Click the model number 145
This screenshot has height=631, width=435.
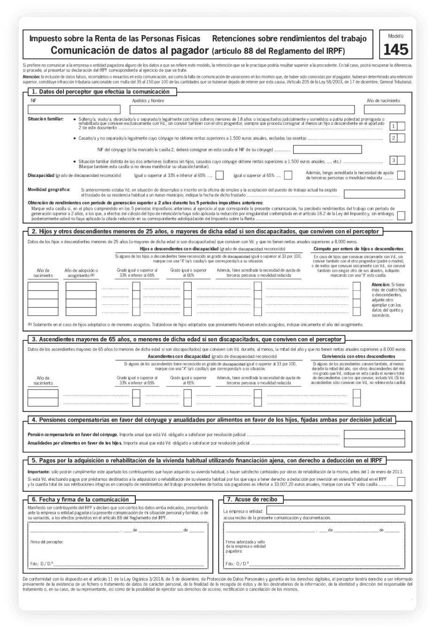tap(396, 50)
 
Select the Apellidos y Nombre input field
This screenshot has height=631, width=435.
tap(242, 110)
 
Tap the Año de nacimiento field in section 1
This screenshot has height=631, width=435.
tap(384, 110)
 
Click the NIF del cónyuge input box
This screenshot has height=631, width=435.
tap(327, 150)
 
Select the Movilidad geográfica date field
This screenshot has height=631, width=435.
tap(374, 194)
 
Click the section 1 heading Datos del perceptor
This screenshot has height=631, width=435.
tap(101, 92)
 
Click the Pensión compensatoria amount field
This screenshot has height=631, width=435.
tap(374, 435)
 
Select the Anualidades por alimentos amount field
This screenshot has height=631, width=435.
tap(374, 443)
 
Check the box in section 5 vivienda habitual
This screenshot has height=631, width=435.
tap(401, 481)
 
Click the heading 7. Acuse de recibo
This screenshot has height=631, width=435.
tap(252, 500)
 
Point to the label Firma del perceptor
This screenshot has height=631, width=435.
tap(47, 542)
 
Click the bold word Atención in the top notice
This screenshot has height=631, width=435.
tap(31, 76)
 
